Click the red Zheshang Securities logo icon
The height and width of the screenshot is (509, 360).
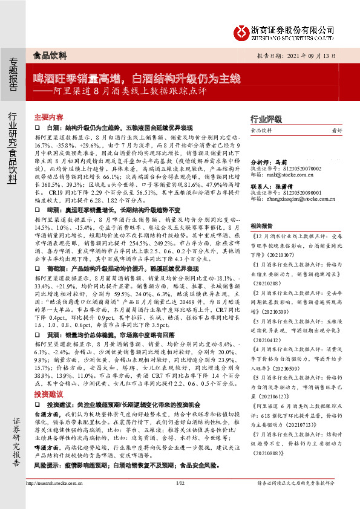point(242,30)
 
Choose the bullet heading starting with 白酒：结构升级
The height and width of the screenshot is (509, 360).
point(119,129)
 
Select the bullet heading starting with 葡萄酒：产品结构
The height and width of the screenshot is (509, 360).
point(119,268)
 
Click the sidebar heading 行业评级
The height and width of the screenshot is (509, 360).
point(265,118)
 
